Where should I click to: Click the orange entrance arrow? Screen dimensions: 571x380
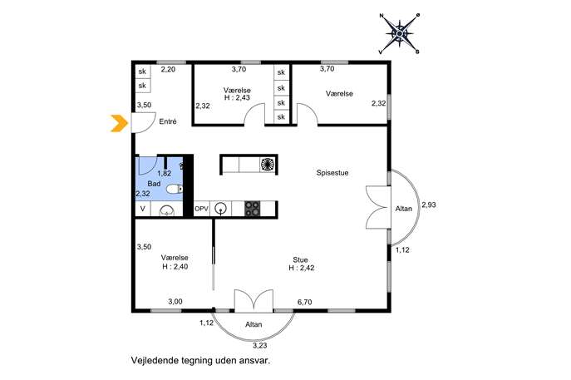[120, 123]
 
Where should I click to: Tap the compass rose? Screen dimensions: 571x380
[400, 34]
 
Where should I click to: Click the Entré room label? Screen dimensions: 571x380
[168, 121]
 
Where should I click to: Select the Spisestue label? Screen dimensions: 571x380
[332, 173]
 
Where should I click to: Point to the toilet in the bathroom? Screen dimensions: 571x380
[175, 189]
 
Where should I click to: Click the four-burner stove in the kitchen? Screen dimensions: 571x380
[253, 210]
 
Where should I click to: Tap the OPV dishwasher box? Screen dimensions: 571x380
[201, 210]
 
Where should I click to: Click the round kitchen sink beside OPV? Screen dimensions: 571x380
[220, 209]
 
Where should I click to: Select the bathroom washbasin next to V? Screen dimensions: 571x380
[167, 210]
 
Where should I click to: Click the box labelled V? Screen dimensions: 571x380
[143, 210]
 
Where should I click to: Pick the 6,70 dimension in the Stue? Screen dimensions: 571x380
[304, 302]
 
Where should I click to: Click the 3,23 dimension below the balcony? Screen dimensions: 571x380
[260, 345]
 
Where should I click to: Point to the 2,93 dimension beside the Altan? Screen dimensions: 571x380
[429, 205]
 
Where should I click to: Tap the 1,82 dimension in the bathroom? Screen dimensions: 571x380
[165, 174]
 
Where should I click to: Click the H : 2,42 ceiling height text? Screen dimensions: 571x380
[302, 268]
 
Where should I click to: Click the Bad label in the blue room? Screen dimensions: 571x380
[154, 184]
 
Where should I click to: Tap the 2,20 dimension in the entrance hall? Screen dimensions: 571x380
[168, 69]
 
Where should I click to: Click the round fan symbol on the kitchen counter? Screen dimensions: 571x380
[268, 164]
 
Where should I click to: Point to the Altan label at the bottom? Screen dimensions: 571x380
[254, 324]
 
